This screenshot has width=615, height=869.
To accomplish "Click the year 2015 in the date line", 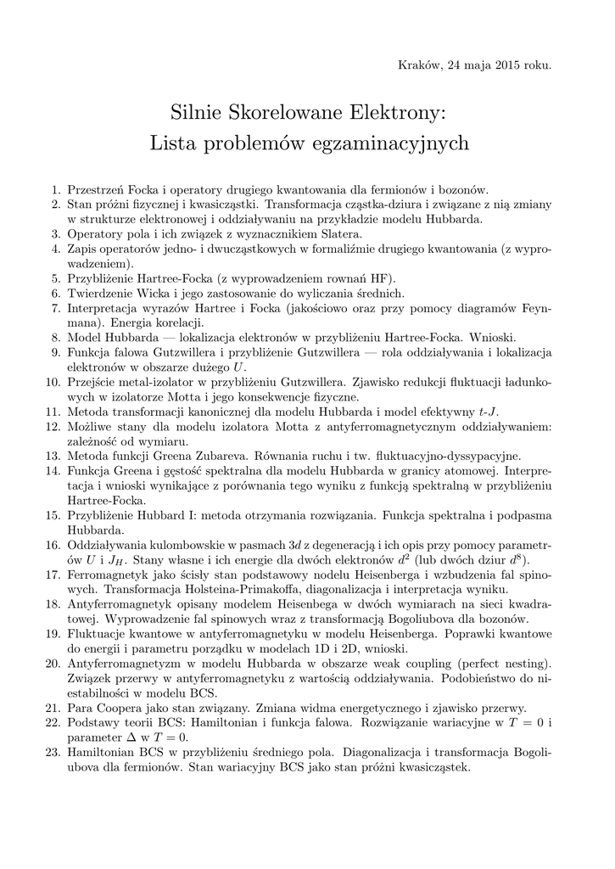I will (500, 65).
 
